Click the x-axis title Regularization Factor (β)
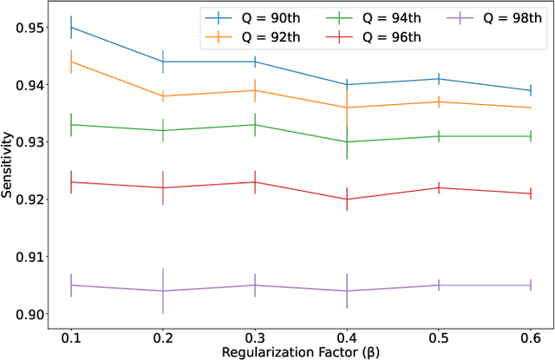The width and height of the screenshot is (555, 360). point(300,351)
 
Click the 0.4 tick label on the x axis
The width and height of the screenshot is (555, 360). point(346,335)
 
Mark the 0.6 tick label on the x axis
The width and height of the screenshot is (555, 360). point(530,335)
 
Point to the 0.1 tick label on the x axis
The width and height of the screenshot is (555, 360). point(71,335)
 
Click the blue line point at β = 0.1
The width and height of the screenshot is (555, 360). point(71,28)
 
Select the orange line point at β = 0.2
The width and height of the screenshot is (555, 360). point(163,96)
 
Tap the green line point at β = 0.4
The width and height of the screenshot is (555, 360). point(347,142)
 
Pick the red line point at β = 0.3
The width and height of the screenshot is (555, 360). point(255,182)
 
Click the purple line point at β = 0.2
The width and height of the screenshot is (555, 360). point(163,291)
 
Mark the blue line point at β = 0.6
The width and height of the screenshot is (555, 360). point(530,90)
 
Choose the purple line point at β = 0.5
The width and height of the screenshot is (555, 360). point(438,285)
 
